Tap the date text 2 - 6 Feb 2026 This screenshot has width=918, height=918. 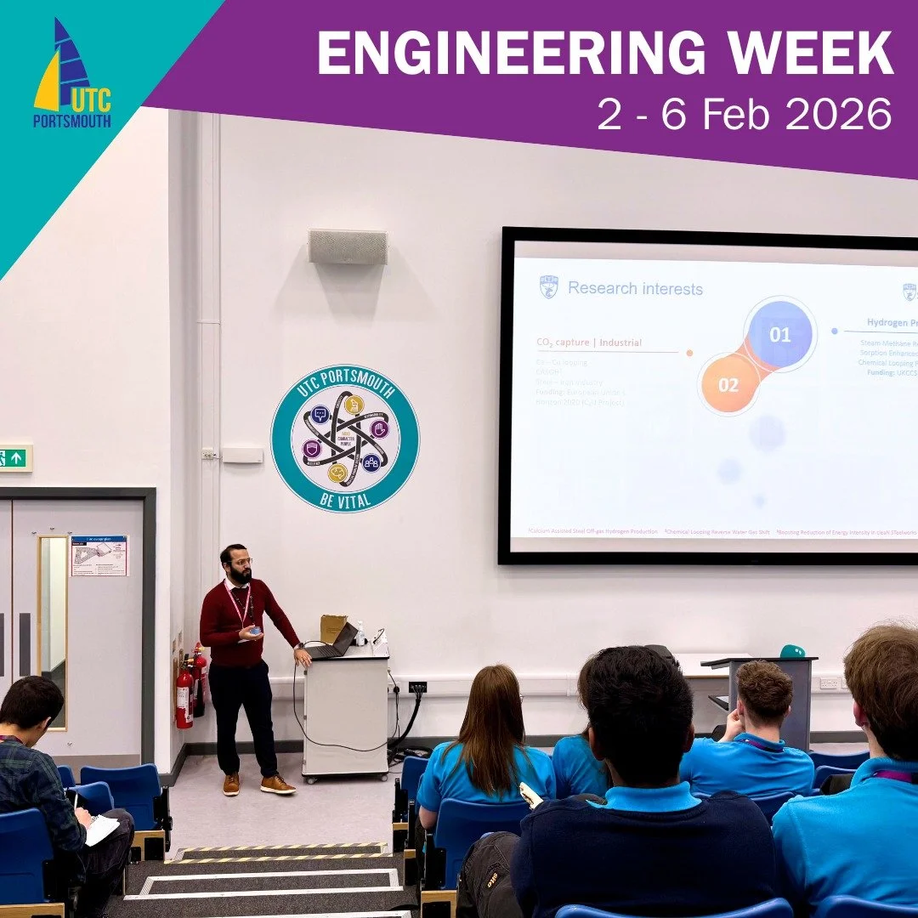(745, 114)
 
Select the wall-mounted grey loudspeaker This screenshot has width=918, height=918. (348, 246)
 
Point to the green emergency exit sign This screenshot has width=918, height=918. (14, 457)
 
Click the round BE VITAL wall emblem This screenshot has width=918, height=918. (345, 438)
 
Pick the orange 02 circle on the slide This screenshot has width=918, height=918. (728, 384)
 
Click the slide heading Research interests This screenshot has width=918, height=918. (635, 289)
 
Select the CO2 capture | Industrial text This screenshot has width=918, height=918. (589, 343)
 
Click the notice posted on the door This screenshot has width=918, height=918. (99, 555)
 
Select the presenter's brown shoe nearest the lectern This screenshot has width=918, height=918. (277, 784)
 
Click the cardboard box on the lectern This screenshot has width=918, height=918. (332, 626)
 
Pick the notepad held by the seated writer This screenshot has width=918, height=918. (101, 829)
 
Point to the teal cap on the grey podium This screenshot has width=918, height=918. (792, 651)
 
